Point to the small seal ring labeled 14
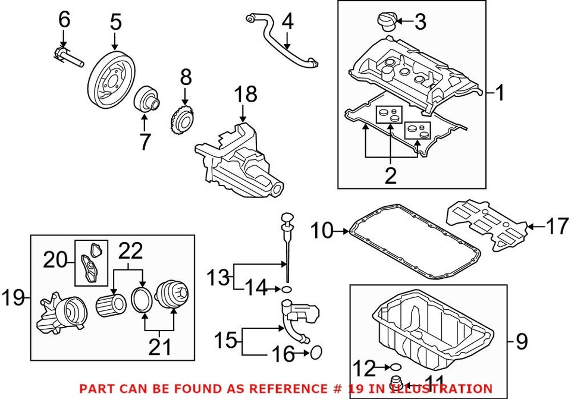[287, 289]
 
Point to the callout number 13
[217, 277]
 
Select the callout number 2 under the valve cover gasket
[390, 175]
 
